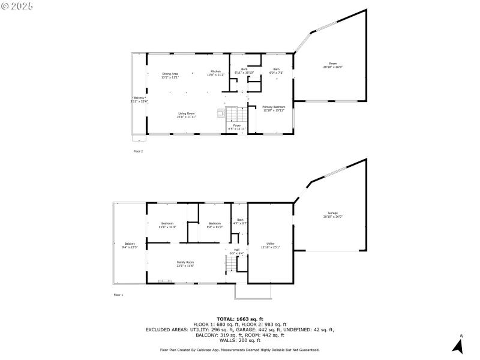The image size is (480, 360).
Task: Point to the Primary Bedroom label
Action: coord(274,108)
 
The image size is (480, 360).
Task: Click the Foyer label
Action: coord(237,127)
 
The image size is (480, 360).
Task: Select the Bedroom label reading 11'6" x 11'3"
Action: coord(167,225)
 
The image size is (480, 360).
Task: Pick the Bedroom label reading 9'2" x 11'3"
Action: coord(215,225)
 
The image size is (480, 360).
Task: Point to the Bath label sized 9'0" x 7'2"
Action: coord(276,71)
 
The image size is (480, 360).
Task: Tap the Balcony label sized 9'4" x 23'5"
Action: coord(130,245)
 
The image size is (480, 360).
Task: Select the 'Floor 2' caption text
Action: coord(138,151)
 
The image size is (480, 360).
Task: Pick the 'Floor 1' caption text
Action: coord(118,295)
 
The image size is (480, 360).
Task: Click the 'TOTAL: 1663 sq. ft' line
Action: coord(240,319)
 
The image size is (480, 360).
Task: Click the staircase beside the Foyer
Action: coord(233,113)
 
